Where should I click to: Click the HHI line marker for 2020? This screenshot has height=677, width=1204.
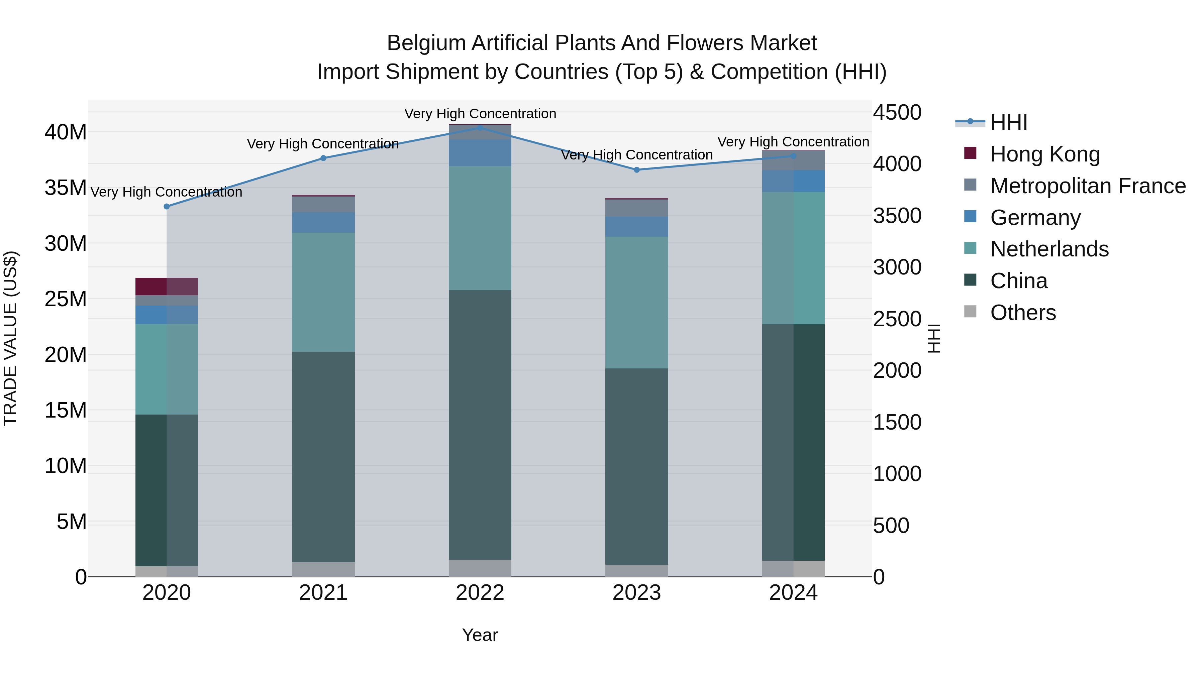167,207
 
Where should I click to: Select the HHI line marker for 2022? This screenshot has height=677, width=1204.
480,128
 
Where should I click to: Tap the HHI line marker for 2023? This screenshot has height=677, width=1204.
636,170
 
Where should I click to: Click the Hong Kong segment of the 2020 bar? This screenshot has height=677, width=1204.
167,287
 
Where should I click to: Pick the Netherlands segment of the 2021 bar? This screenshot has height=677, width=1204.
323,292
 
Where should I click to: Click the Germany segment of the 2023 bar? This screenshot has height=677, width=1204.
636,227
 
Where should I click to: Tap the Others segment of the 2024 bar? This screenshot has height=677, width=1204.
793,569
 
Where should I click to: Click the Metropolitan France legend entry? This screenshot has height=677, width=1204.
1088,186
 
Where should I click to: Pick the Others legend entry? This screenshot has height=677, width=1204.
1023,313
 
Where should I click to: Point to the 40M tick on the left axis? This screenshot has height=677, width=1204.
66,132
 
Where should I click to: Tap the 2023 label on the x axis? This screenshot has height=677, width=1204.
636,593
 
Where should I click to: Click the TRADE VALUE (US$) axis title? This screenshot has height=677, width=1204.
10,338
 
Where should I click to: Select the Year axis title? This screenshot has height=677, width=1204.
480,635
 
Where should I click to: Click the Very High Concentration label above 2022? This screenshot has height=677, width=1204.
480,114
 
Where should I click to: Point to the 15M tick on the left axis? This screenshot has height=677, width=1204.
66,410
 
